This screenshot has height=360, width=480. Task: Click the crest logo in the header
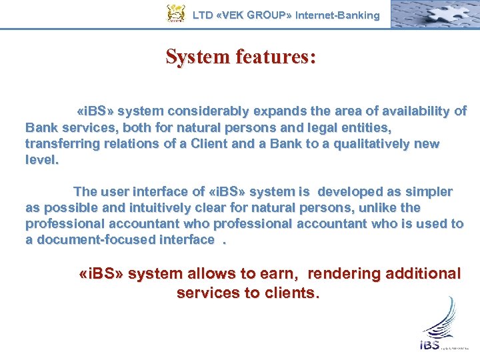[176, 14]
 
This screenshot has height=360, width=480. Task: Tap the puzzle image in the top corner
[433, 14]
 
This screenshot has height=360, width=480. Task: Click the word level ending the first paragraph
[41, 160]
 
